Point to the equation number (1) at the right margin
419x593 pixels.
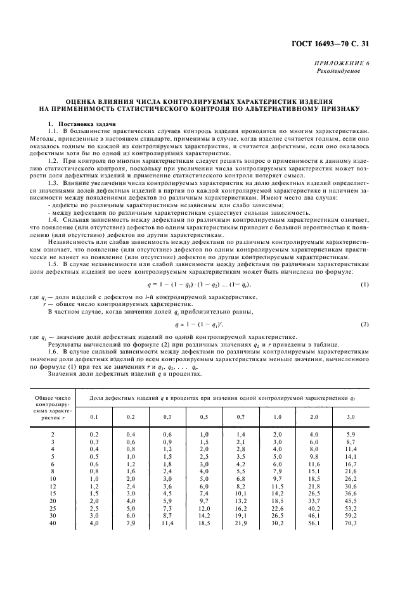point(365,267)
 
